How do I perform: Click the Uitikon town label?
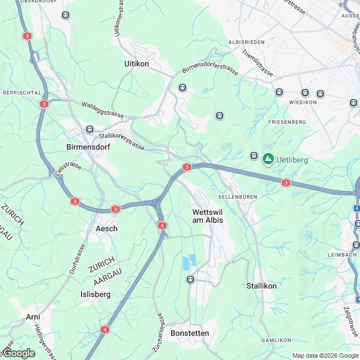click(137, 64)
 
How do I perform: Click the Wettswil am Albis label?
click(208, 216)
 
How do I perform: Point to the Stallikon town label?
click(262, 286)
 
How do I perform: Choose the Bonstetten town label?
click(190, 333)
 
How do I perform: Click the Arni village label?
click(33, 317)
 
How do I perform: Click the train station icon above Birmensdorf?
click(89, 129)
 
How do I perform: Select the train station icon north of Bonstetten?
click(191, 279)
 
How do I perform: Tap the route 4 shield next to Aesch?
click(163, 226)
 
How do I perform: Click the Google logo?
click(18, 353)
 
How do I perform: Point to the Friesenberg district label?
click(291, 121)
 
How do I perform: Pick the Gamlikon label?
click(276, 341)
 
